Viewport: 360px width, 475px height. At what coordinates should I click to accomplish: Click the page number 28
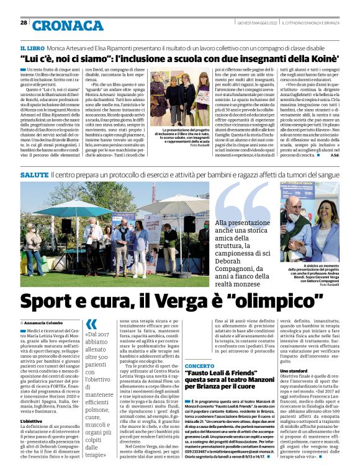click(24, 22)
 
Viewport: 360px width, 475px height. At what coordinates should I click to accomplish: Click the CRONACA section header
click(60, 25)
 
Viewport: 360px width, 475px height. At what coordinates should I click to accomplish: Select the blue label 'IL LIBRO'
click(31, 48)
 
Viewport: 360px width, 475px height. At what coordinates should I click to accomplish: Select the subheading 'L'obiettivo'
click(32, 422)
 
